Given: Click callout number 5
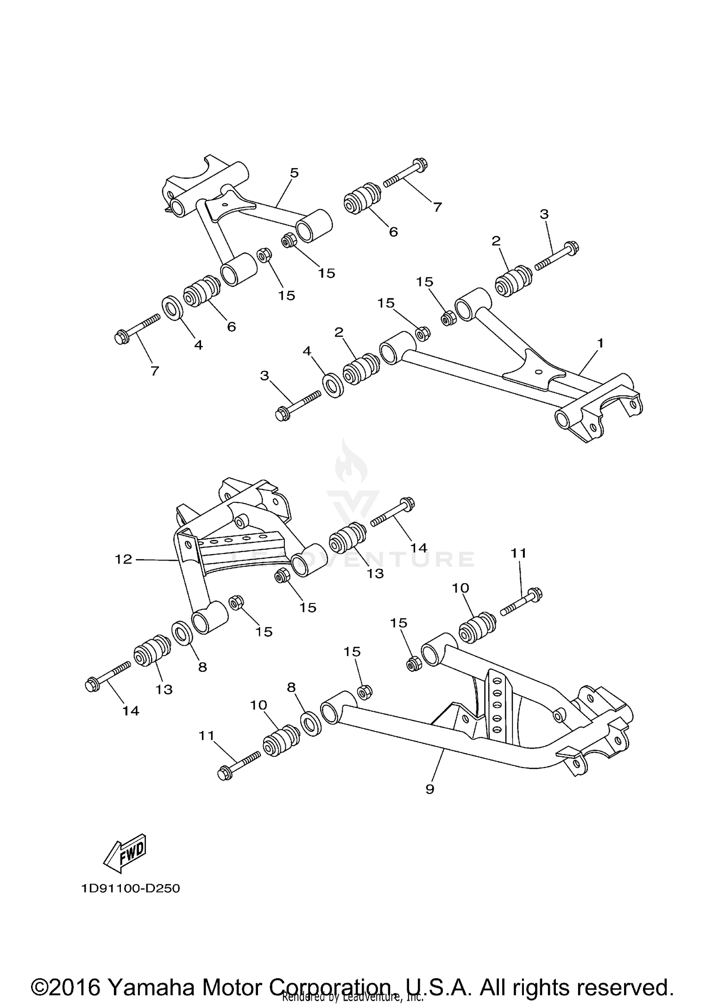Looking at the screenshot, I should tap(294, 173).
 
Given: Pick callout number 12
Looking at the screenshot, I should tap(123, 559).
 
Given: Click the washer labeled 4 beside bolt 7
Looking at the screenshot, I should tap(173, 307).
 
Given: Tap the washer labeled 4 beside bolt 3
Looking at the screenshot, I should tap(333, 386).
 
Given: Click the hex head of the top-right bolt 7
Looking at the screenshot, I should tap(420, 165).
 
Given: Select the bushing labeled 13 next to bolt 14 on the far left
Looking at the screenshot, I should tap(152, 651).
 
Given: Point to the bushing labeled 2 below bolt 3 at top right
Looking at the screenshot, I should tap(513, 281).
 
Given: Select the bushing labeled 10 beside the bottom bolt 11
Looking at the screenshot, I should tap(281, 742).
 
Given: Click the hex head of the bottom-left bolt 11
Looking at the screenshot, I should tap(225, 773).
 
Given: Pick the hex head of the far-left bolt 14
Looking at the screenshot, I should tap(92, 685).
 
